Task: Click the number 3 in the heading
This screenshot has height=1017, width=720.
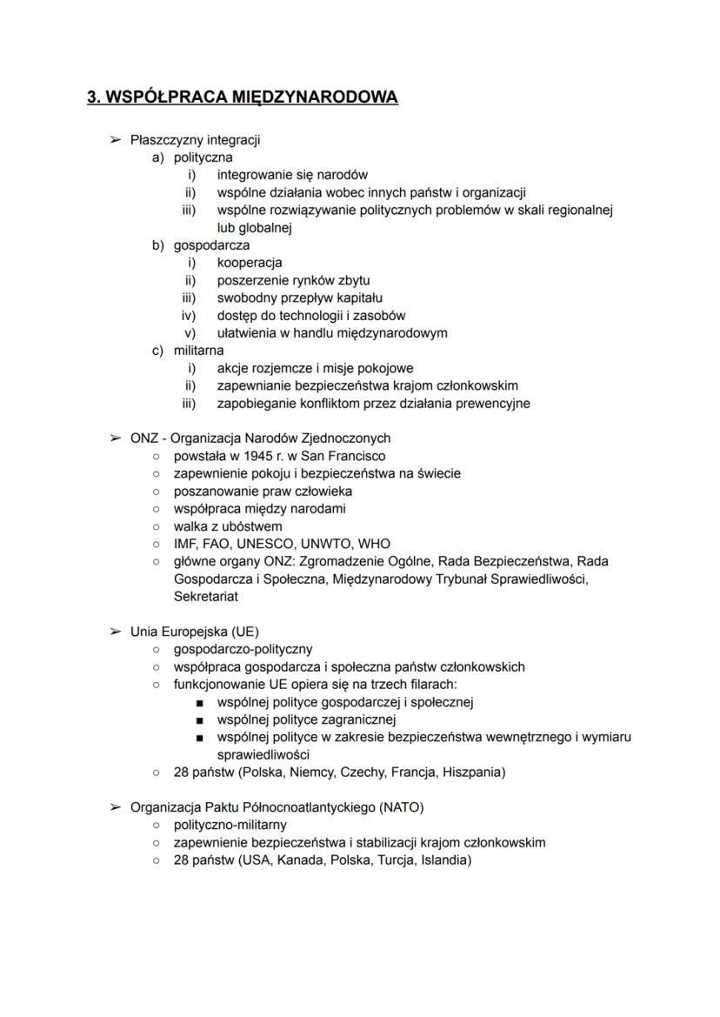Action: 92,97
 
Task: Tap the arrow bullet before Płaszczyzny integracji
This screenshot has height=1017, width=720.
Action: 115,139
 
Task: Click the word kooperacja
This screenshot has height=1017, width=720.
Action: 249,263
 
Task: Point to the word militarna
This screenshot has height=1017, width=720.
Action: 198,351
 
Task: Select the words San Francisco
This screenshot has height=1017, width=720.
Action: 346,456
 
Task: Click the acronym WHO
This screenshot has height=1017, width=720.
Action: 374,544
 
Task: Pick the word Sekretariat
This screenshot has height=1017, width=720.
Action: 206,597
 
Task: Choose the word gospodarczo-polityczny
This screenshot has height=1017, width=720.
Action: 243,649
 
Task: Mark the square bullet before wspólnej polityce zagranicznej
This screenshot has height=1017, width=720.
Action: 200,720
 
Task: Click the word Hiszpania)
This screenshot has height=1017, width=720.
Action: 474,772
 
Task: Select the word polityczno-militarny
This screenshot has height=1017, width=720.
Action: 230,825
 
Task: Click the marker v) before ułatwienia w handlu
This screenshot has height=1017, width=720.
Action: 189,333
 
